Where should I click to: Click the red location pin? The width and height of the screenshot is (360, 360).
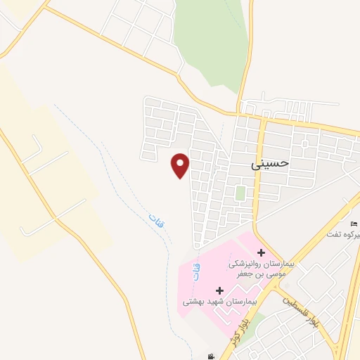tap(181, 165)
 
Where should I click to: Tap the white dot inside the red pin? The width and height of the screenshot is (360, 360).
tap(181, 163)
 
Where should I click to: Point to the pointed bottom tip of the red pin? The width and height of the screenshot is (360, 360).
tap(181, 178)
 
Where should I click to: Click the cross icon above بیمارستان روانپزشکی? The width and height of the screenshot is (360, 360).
tap(260, 252)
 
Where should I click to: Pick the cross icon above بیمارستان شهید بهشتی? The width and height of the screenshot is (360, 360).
tap(219, 290)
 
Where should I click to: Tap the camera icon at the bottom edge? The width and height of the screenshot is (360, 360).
tap(211, 356)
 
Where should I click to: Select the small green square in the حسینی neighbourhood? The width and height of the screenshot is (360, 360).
tap(240, 192)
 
